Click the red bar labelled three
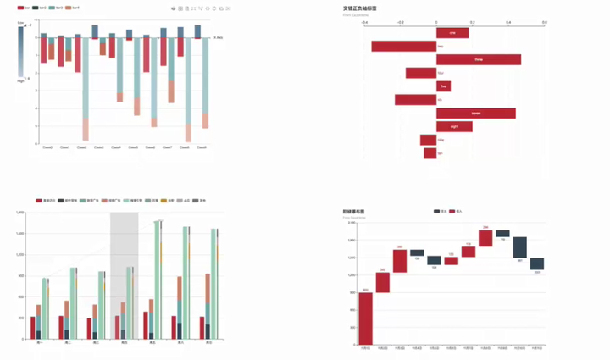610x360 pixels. pyautogui.click(x=479, y=60)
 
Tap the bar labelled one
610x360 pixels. pyautogui.click(x=452, y=33)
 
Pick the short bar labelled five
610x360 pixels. pyautogui.click(x=443, y=86)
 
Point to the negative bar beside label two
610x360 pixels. pyautogui.click(x=403, y=47)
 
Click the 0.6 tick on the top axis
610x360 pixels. pyautogui.click(x=544, y=23)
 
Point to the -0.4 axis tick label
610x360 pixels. pyautogui.click(x=364, y=23)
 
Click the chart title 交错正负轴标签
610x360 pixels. pyautogui.click(x=359, y=8)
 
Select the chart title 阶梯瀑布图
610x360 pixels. pyautogui.click(x=353, y=211)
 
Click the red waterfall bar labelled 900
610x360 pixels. pyautogui.click(x=365, y=318)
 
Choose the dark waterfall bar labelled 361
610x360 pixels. pyautogui.click(x=519, y=247)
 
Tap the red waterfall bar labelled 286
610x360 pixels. pyautogui.click(x=485, y=238)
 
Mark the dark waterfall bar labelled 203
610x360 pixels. pyautogui.click(x=537, y=264)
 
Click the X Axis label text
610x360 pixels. pyautogui.click(x=219, y=38)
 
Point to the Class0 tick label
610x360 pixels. pyautogui.click(x=47, y=147)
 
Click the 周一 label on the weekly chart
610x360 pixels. pyautogui.click(x=41, y=342)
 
